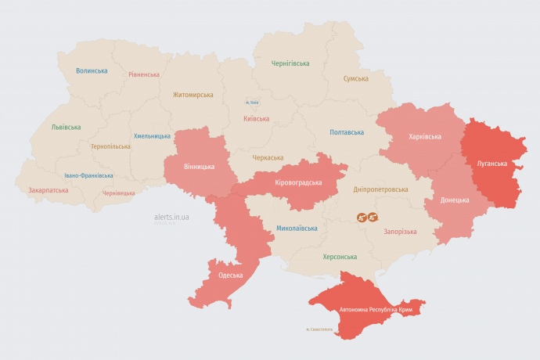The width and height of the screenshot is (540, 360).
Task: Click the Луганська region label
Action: click(491, 164)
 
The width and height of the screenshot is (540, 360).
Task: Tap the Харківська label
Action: click(424, 137)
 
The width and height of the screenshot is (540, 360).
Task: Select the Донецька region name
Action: click(454, 200)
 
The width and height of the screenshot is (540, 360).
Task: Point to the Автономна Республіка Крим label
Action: click(376, 310)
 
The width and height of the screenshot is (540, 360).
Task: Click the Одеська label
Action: click(230, 275)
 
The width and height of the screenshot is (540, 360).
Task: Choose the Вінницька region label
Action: click(199, 166)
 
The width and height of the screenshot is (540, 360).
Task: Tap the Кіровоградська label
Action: click(298, 182)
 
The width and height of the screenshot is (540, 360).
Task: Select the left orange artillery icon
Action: click(362, 218)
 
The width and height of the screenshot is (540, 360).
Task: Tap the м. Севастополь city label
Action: click(319, 329)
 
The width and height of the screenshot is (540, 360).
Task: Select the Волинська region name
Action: click(92, 70)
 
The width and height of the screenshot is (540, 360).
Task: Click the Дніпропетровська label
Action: click(381, 190)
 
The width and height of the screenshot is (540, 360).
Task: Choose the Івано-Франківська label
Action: click(88, 176)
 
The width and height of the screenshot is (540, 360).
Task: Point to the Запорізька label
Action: click(400, 232)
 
